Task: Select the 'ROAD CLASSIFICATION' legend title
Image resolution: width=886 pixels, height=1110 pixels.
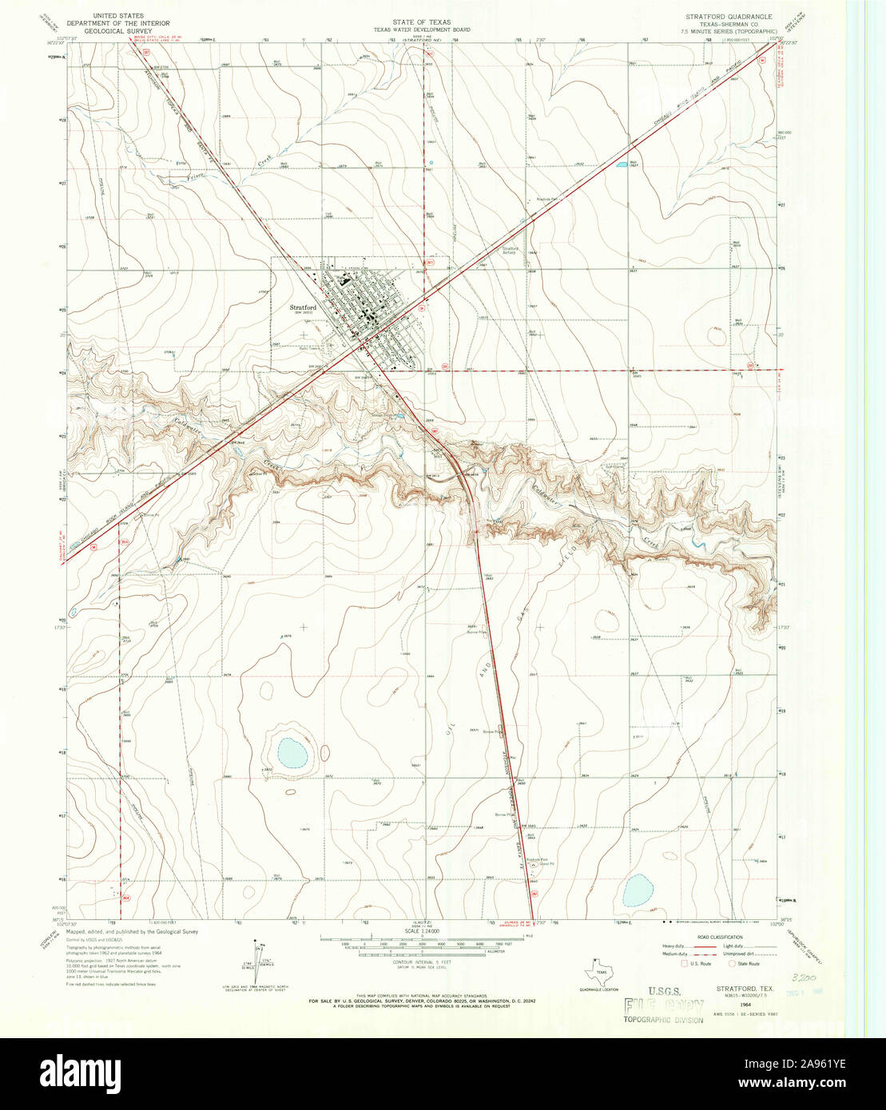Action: (x=720, y=938)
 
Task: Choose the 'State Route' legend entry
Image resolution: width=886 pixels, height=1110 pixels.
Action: (x=745, y=964)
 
